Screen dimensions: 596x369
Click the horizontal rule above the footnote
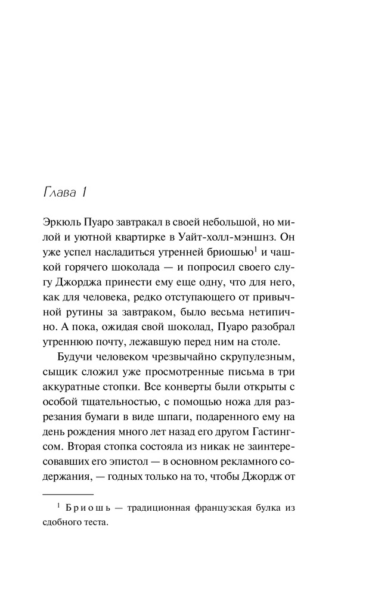69,512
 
